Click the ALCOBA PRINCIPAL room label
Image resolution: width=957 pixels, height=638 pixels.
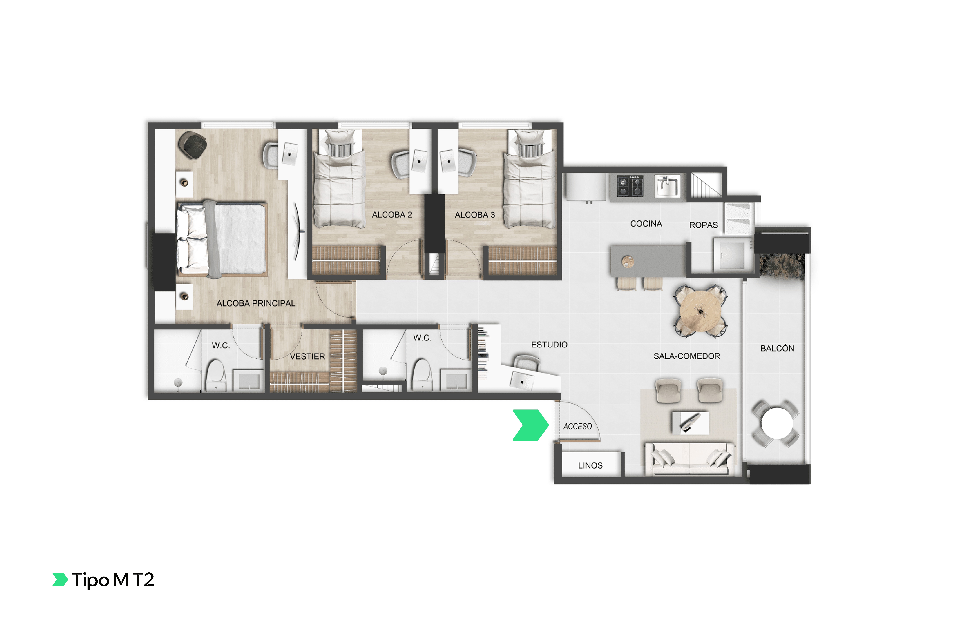coord(256,303)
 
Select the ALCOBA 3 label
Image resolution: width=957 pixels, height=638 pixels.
coord(475,215)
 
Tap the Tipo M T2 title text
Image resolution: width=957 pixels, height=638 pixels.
coord(113,580)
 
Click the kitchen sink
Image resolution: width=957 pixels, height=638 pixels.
coord(667,186)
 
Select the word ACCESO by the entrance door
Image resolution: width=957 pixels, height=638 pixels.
coord(577,426)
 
